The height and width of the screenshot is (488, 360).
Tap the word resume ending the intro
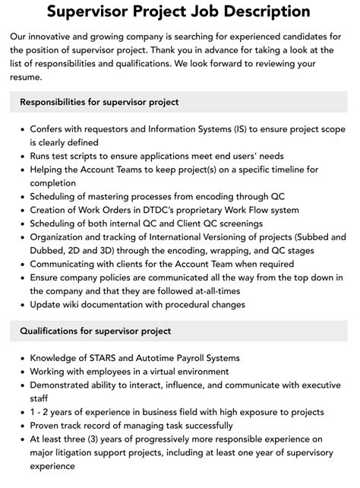coord(29,78)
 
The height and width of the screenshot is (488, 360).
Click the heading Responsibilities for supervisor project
coord(99,102)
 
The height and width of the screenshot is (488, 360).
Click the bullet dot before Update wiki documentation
coord(21,305)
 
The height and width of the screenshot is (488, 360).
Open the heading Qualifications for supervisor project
coord(96,331)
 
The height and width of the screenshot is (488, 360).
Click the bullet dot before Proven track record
coord(21,426)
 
